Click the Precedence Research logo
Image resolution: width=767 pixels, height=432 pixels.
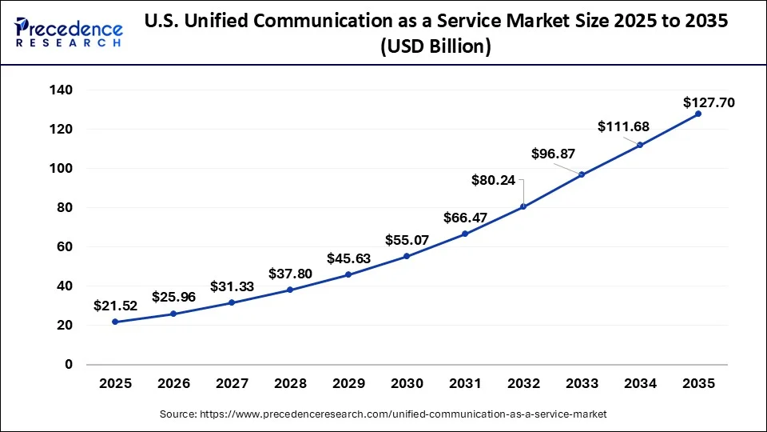point(69,33)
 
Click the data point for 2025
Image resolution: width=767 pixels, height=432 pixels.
point(115,322)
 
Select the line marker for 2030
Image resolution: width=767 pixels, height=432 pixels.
point(407,256)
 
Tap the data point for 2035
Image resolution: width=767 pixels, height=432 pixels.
point(697,114)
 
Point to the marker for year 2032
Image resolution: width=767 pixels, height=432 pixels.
point(523,206)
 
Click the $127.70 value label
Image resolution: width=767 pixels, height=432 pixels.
point(709,102)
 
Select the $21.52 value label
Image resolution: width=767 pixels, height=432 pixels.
point(115,306)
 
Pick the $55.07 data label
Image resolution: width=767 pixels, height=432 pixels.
point(407,239)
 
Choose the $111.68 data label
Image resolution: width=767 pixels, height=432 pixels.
point(624,126)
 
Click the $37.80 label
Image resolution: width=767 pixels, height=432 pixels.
point(290,274)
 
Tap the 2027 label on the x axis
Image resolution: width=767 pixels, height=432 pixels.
point(232,385)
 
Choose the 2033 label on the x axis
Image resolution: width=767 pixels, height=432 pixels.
point(582,385)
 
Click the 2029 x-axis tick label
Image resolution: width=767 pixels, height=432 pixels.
point(348,385)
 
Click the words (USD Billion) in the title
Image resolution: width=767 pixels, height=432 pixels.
point(436,47)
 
